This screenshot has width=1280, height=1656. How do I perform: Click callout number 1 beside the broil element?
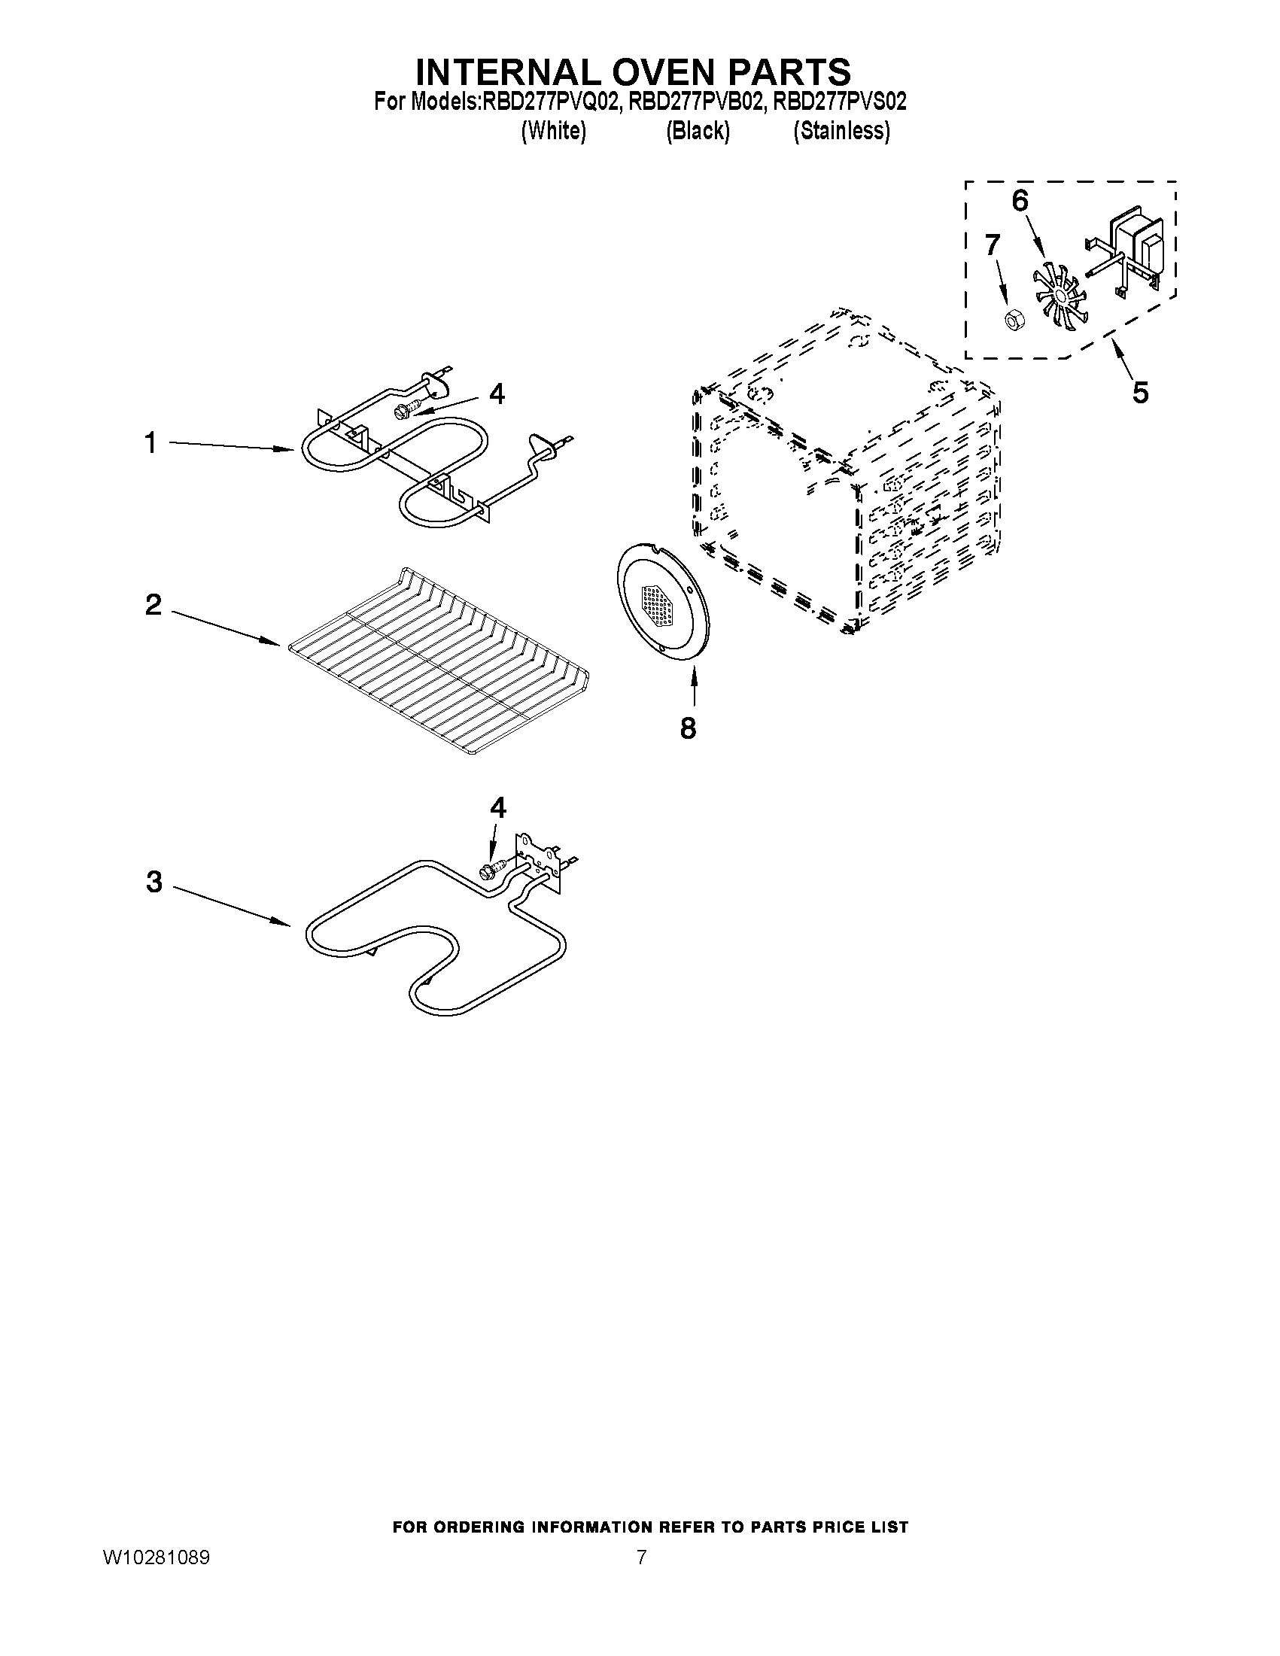coord(151,443)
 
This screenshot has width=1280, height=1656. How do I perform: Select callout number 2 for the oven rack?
coord(154,605)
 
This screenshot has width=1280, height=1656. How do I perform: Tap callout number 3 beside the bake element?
coord(154,882)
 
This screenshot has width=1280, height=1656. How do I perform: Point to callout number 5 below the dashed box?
coord(1140,392)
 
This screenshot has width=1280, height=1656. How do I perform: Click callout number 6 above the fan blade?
coord(1020,201)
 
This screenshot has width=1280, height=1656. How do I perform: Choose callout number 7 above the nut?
coord(992,245)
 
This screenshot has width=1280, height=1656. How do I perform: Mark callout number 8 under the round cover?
coord(687,728)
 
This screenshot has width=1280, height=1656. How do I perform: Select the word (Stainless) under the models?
coord(841,131)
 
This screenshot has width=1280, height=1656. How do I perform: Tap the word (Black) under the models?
coord(698,131)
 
